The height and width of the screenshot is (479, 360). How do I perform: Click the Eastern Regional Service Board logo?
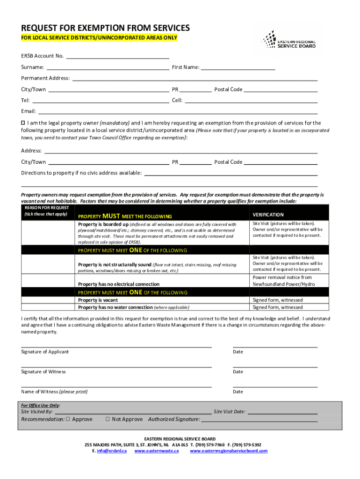tap(288, 40)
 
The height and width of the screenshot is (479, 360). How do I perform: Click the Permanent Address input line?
tap(194, 80)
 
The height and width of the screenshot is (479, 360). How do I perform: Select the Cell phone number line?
tap(251, 102)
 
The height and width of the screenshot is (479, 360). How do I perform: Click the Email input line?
tap(178, 113)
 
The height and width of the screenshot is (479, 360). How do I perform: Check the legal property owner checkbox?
tap(23, 123)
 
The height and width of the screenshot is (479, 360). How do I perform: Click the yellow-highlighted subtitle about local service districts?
tap(99, 37)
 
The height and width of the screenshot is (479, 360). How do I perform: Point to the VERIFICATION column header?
tap(268, 215)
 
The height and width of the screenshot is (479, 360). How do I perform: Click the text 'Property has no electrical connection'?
tap(119, 284)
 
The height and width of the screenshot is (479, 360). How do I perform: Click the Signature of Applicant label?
tap(45, 352)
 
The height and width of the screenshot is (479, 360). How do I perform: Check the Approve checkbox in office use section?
tap(68, 419)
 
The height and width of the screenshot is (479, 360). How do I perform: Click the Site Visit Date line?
tap(282, 413)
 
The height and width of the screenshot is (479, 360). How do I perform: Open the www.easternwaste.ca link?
tap(157, 451)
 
